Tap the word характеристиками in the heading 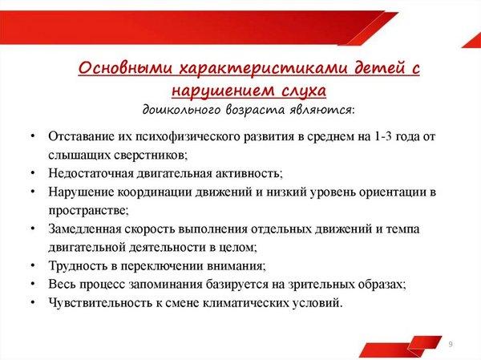pyautogui.click(x=264, y=68)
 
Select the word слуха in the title pyautogui.click(x=303, y=91)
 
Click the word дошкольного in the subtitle pyautogui.click(x=182, y=110)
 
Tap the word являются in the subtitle pyautogui.click(x=322, y=110)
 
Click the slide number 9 pyautogui.click(x=451, y=344)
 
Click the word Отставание pyautogui.click(x=81, y=136)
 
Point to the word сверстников pyautogui.click(x=151, y=155)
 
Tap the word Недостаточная pyautogui.click(x=91, y=173)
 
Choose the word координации pyautogui.click(x=155, y=192)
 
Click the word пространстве pyautogui.click(x=88, y=211)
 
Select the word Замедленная pyautogui.click(x=85, y=229)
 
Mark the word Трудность pyautogui.click(x=78, y=265)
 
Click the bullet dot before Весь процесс pyautogui.click(x=33, y=284)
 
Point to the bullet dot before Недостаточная pyautogui.click(x=33, y=173)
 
